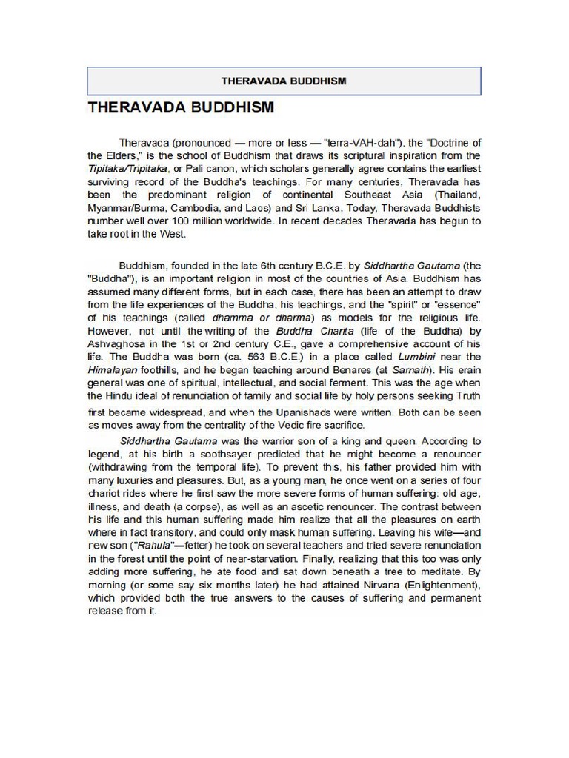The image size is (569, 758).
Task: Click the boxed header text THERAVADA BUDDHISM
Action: coord(284,81)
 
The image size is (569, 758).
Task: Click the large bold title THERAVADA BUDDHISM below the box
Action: coord(181,107)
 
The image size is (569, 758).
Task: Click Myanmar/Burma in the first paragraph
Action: coord(126,208)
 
